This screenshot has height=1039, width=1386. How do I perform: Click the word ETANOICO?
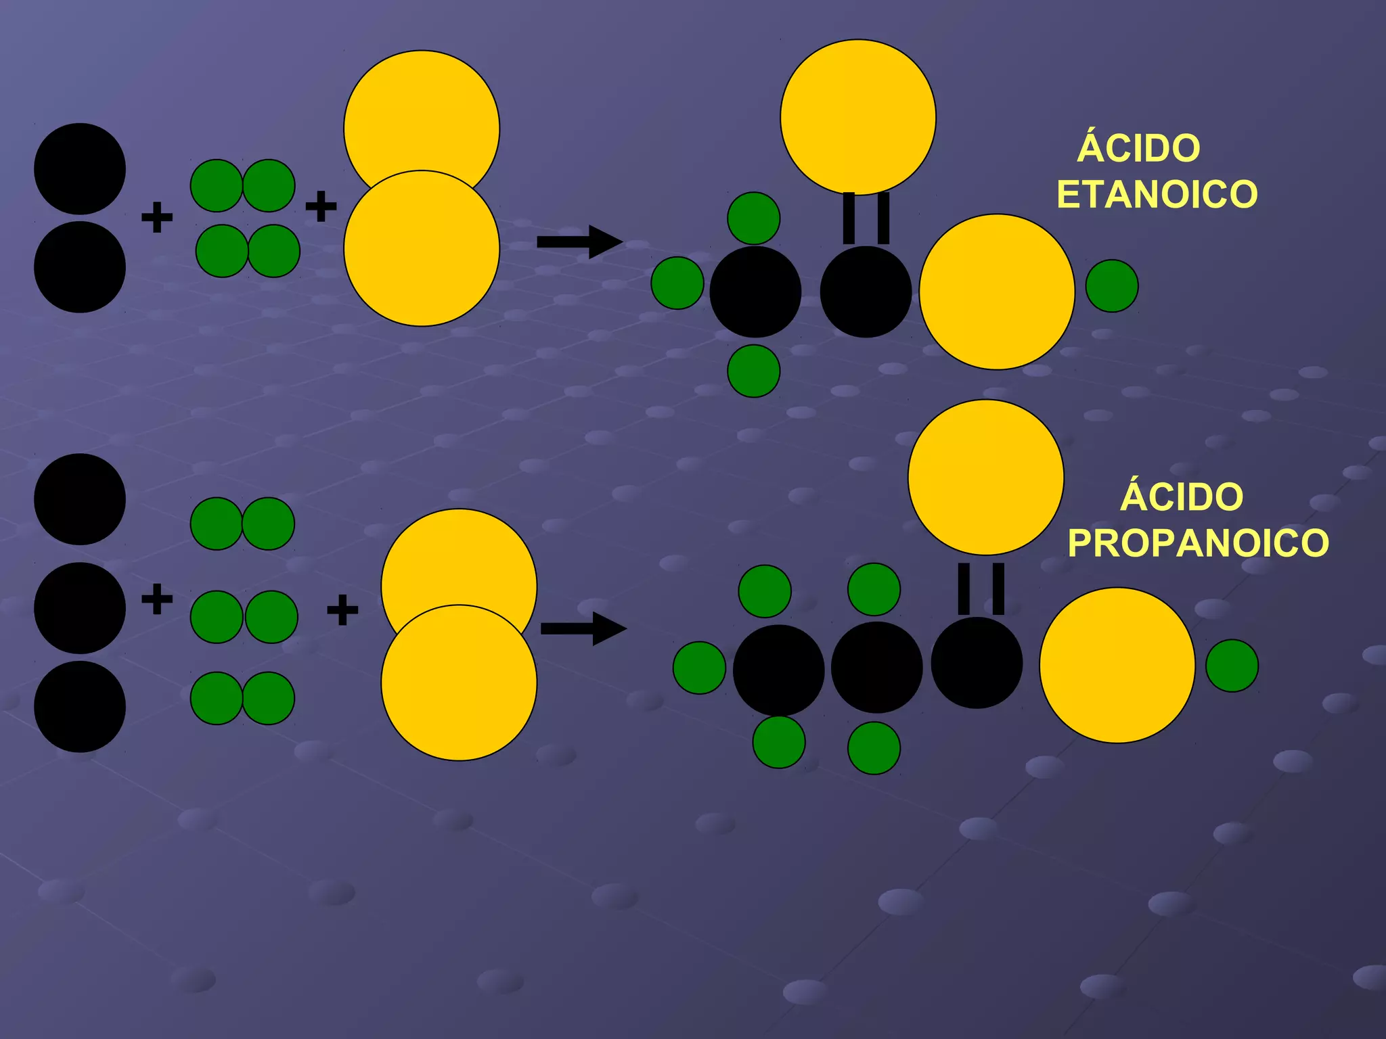pyautogui.click(x=1157, y=195)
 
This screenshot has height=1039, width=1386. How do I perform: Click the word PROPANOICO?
pyautogui.click(x=1198, y=543)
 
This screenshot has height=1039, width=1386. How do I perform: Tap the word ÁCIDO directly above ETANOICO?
pyautogui.click(x=1139, y=148)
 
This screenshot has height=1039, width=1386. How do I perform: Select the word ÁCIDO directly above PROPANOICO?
pyautogui.click(x=1182, y=497)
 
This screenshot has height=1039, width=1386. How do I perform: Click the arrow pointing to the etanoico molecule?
pyautogui.click(x=579, y=241)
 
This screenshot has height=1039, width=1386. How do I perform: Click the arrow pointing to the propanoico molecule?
pyautogui.click(x=583, y=628)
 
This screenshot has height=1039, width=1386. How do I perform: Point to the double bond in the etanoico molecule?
pyautogui.click(x=866, y=218)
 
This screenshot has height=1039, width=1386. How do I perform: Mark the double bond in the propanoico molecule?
pyautogui.click(x=981, y=588)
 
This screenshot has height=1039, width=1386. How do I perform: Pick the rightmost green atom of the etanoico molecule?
pyautogui.click(x=1112, y=286)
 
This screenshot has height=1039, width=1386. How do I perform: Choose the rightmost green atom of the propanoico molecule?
pyautogui.click(x=1232, y=666)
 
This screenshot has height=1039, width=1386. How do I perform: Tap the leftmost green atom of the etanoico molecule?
pyautogui.click(x=677, y=283)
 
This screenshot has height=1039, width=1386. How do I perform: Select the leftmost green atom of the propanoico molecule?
pyautogui.click(x=699, y=668)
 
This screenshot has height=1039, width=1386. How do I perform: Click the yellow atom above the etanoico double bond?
pyautogui.click(x=858, y=117)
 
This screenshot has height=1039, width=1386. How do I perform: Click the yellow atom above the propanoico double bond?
pyautogui.click(x=985, y=477)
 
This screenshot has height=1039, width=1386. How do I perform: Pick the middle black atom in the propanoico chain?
pyautogui.click(x=876, y=667)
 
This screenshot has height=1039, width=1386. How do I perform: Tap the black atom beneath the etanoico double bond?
pyautogui.click(x=866, y=292)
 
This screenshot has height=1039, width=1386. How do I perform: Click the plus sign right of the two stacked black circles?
pyautogui.click(x=157, y=217)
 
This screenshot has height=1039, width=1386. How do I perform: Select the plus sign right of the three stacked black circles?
pyautogui.click(x=157, y=599)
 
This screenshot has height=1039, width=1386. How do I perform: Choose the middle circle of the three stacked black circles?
pyautogui.click(x=80, y=607)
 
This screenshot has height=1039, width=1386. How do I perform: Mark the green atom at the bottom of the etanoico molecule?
pyautogui.click(x=753, y=371)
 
